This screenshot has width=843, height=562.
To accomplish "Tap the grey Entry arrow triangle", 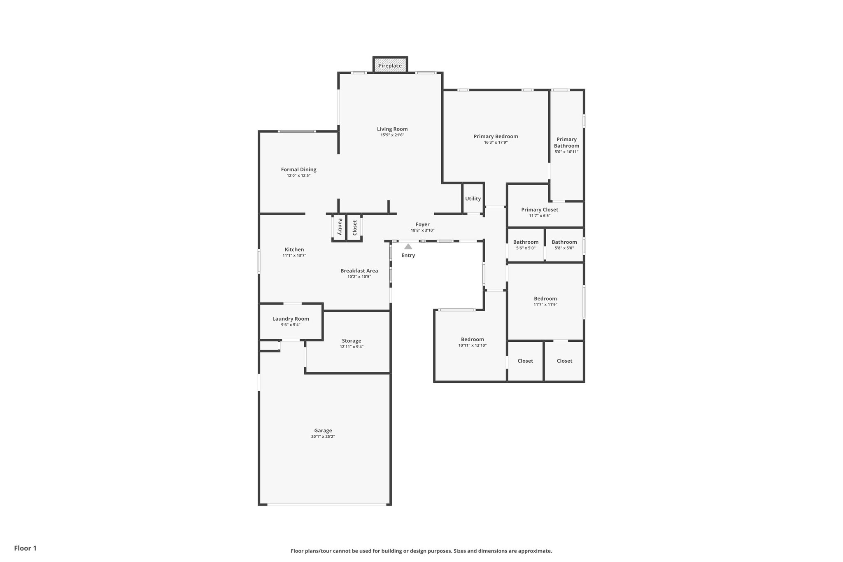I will [x=408, y=247].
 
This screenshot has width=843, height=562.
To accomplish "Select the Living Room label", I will [x=392, y=129].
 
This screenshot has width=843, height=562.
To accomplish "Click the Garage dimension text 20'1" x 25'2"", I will [x=323, y=436].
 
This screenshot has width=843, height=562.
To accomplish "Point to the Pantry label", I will [x=340, y=227].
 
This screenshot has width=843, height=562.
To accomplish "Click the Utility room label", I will [x=473, y=198].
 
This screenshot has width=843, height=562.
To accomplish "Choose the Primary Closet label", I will [x=540, y=210].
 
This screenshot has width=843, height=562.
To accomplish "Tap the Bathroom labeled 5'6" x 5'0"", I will [x=526, y=242].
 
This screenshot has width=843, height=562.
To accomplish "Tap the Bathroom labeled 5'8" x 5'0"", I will [x=564, y=242].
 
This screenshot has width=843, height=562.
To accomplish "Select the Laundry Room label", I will [x=291, y=319].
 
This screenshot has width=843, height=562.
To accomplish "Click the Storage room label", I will [x=352, y=340].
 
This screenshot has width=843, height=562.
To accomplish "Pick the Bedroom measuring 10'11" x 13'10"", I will [x=472, y=340].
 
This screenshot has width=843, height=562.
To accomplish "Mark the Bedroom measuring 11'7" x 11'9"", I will [x=545, y=298].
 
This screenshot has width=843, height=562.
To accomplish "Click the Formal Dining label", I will [x=298, y=169].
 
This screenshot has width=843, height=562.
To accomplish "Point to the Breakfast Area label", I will [x=359, y=271].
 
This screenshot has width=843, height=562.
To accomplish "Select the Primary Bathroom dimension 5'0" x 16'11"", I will [x=566, y=152].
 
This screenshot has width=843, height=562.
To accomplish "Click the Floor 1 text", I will [x=25, y=548].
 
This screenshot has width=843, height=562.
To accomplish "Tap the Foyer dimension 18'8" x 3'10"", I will [x=422, y=231].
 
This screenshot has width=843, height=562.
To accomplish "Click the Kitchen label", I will [x=294, y=250].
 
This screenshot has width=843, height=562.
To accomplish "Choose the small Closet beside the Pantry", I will [x=354, y=227].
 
